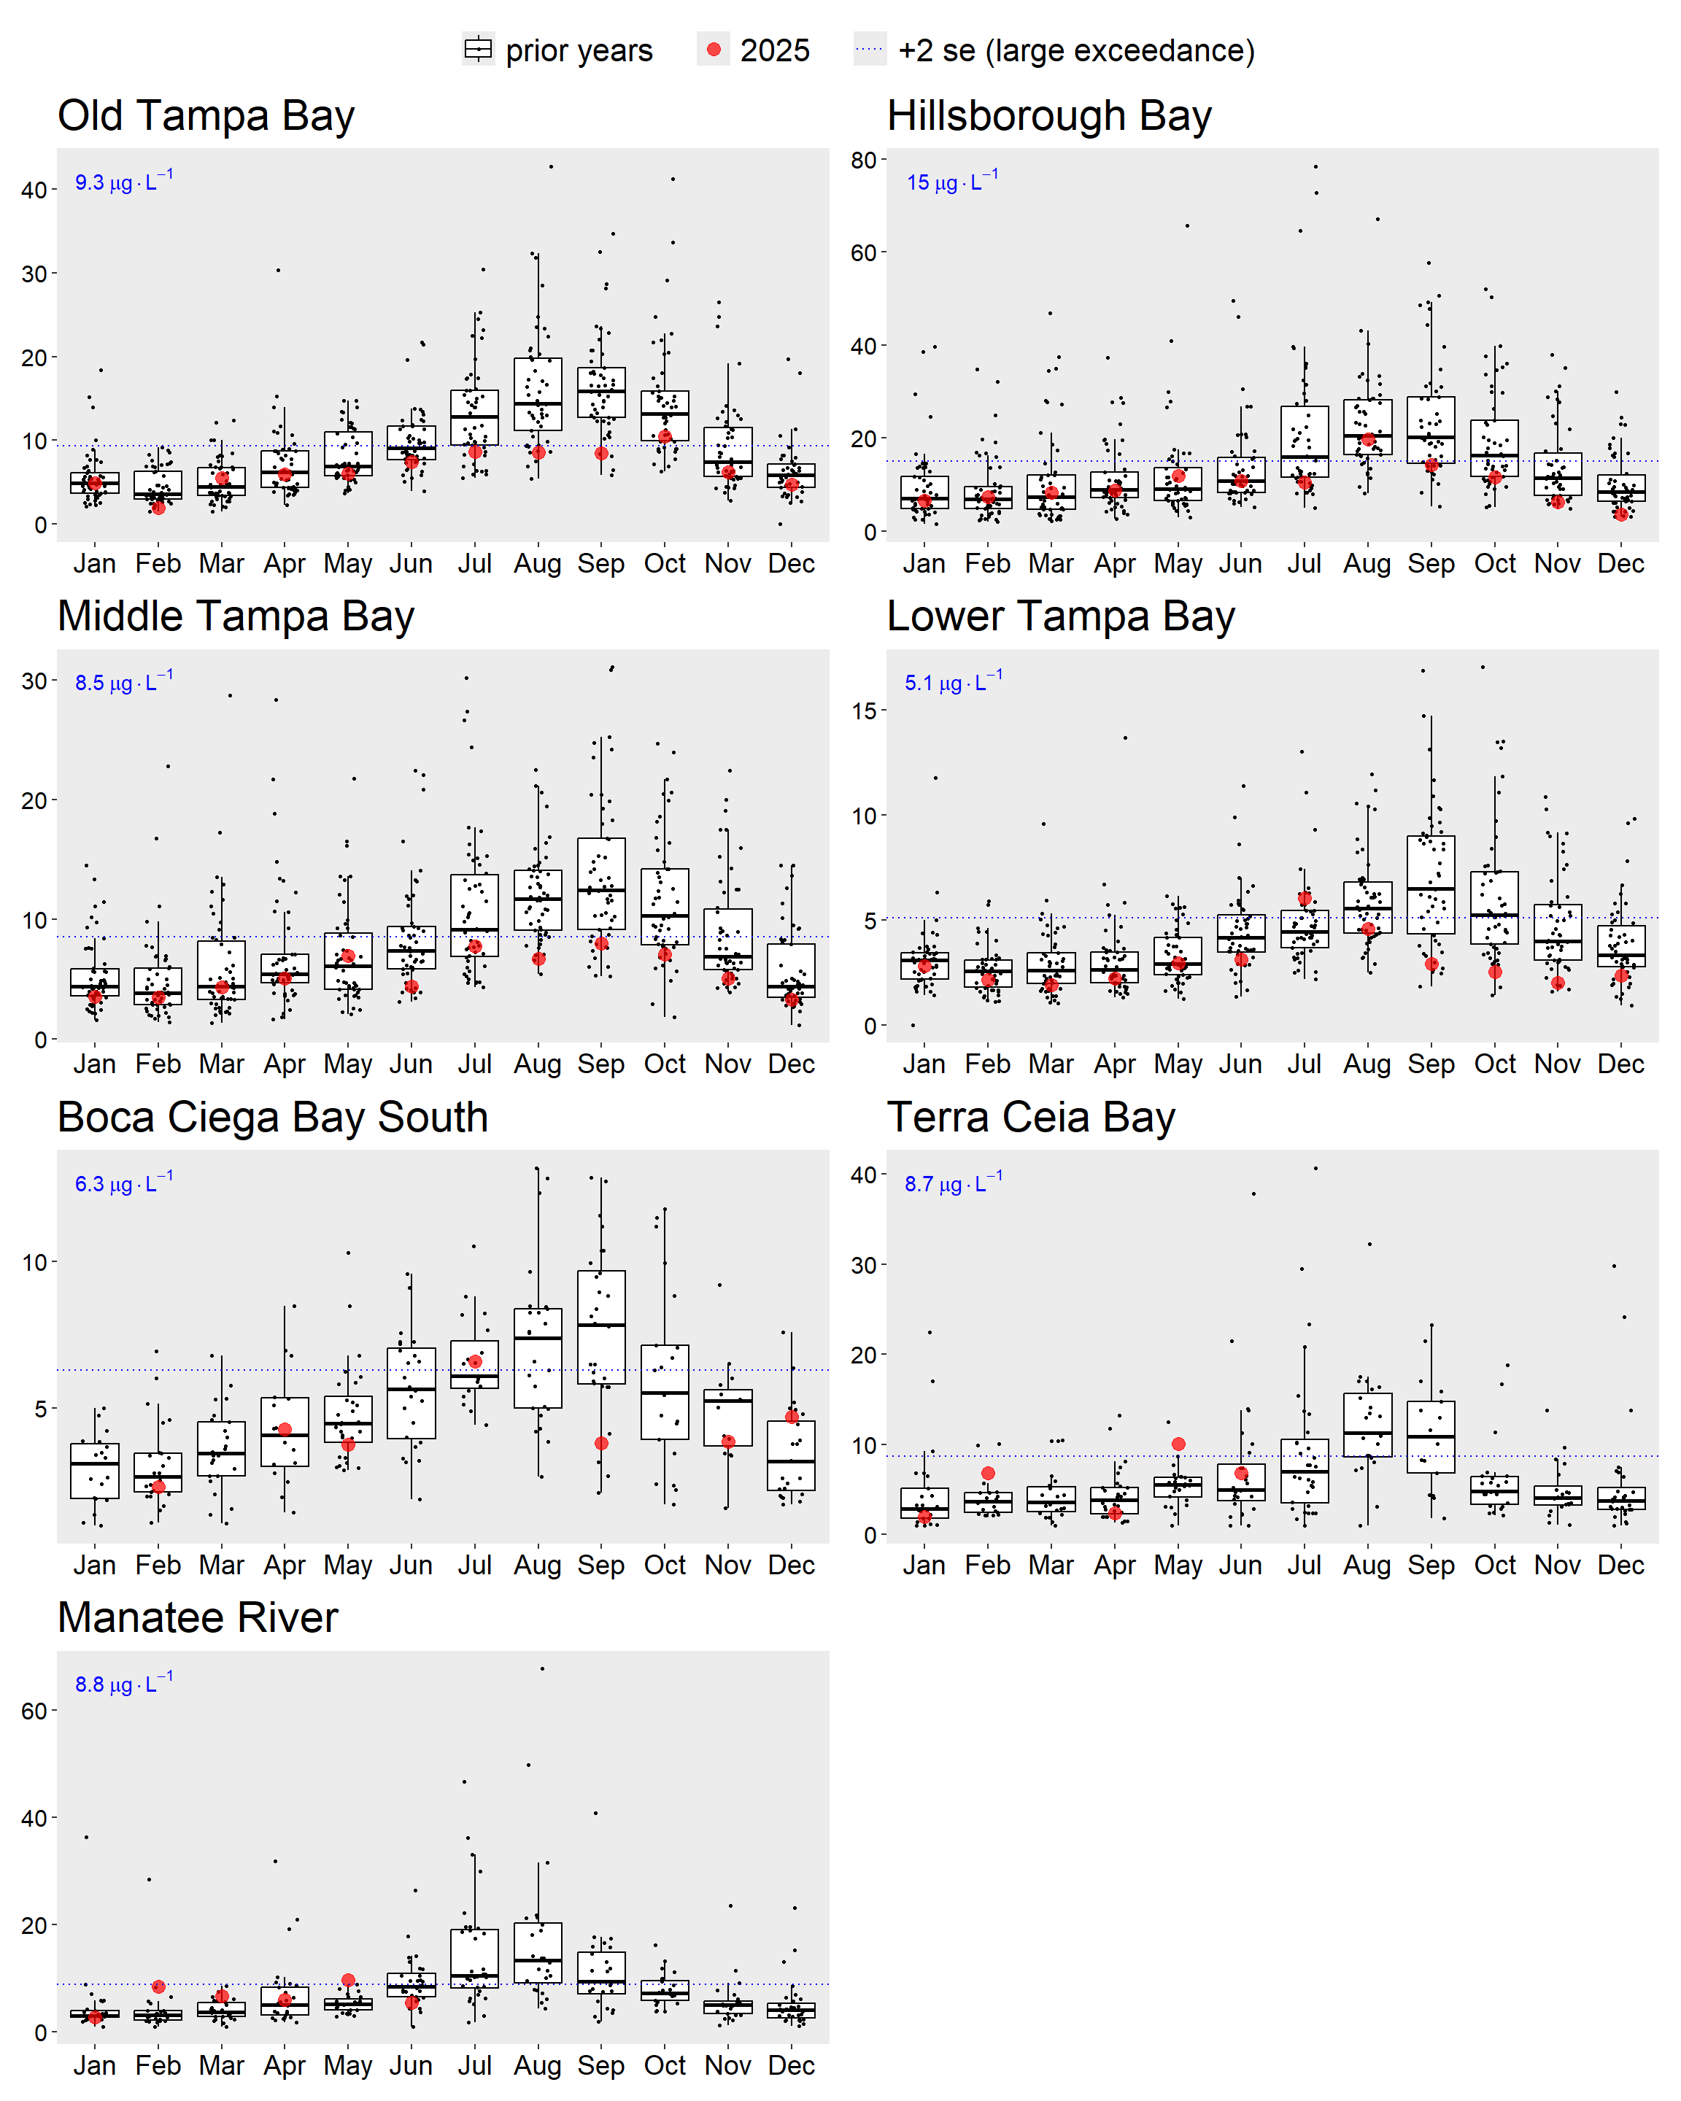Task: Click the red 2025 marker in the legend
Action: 714,50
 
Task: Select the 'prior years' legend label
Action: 579,50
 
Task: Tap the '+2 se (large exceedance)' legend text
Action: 1076,50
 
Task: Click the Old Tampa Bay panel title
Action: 206,116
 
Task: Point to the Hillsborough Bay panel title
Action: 1048,116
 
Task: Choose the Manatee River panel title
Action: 198,1617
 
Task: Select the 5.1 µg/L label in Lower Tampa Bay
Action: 953,682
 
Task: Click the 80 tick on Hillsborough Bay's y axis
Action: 863,160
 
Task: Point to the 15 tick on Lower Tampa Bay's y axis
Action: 863,711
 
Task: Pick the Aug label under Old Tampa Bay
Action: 538,563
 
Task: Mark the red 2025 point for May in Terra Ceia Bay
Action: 1178,1444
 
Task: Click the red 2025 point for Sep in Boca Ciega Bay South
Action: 601,1443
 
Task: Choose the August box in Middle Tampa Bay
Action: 538,899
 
